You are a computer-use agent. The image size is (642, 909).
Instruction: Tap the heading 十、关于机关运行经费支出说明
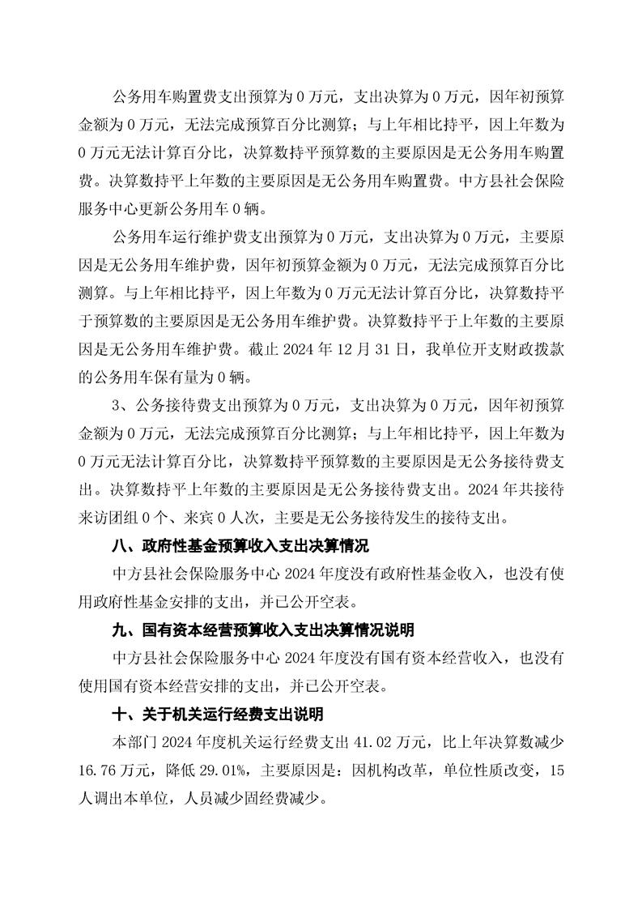coord(216,715)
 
